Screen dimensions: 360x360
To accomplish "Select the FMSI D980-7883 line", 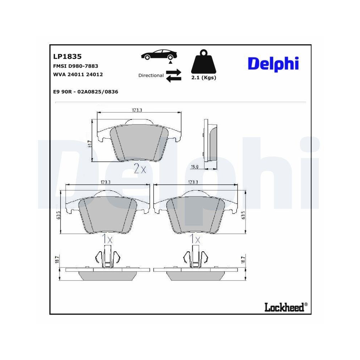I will click(x=75, y=66).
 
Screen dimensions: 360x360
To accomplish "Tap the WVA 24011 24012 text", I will click(x=78, y=75).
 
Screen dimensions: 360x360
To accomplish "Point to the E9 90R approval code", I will click(x=85, y=92).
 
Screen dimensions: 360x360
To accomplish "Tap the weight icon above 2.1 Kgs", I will click(x=204, y=63).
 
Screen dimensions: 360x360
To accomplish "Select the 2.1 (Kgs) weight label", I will click(x=204, y=78).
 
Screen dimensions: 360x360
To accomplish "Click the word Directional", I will click(x=151, y=76).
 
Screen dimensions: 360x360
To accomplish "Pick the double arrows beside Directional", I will click(x=174, y=76).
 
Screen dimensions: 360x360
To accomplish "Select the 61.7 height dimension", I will click(x=90, y=144).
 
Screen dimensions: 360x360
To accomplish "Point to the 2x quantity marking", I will click(x=140, y=169).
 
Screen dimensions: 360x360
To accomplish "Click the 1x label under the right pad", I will click(x=196, y=238).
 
